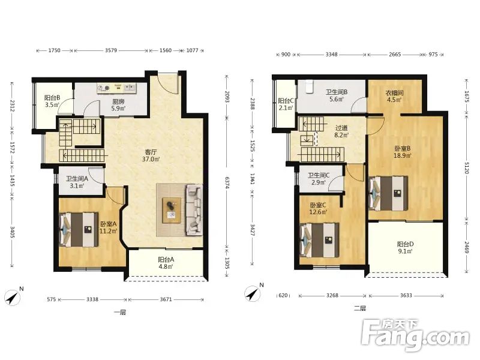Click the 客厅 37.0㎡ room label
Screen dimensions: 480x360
tap(151, 155)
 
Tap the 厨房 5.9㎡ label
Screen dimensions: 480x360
tap(118, 105)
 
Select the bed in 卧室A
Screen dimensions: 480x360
tap(79, 230)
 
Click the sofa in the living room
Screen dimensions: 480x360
tap(194, 209)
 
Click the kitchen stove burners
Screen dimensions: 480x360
tap(104, 88)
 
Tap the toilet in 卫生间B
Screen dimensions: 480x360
tap(310, 86)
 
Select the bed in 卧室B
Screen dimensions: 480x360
tap(388, 193)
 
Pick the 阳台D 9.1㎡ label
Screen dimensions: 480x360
tap(406, 248)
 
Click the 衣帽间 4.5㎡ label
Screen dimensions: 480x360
tap(394, 96)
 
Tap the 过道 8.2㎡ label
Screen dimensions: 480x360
tap(341, 131)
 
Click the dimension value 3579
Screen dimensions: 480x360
tap(111, 50)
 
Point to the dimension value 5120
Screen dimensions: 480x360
tap(467, 168)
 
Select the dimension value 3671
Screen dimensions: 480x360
tap(166, 299)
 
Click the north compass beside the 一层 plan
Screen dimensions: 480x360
tap(13, 297)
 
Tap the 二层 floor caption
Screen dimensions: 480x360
tap(360, 308)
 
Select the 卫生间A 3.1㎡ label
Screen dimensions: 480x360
tap(77, 182)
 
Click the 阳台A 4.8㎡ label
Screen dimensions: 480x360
tap(166, 263)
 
